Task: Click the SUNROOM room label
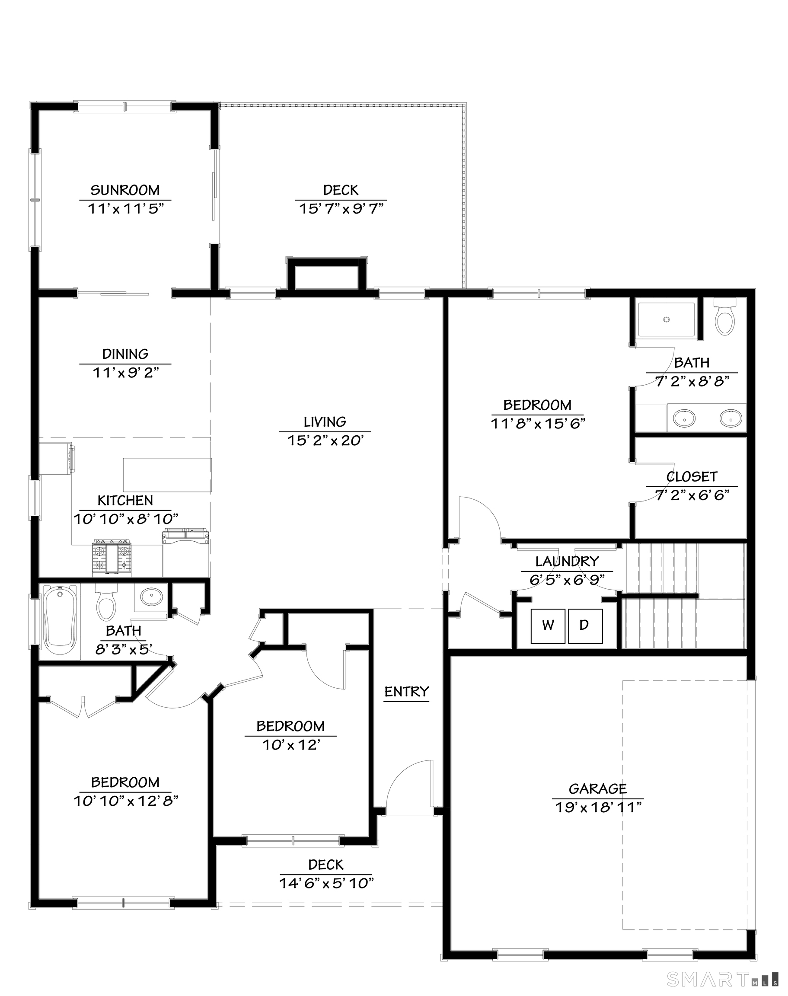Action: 124,190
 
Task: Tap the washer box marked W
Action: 548,626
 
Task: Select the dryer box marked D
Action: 584,626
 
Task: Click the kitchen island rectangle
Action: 167,475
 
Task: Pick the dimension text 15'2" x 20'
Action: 325,441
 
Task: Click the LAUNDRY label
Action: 567,562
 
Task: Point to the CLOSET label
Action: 692,476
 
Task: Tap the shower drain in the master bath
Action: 666,319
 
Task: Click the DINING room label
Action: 125,354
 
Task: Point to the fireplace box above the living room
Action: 327,275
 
